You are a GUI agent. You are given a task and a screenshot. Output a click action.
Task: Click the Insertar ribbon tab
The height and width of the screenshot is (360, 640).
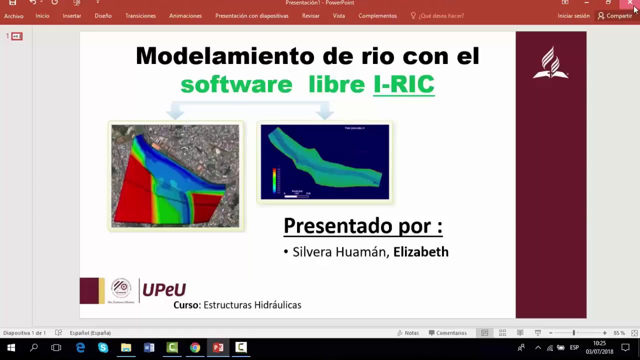click(72, 16)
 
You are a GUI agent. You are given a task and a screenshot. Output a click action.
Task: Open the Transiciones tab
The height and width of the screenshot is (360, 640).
click(140, 16)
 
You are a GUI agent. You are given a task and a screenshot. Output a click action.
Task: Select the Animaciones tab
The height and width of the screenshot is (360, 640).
click(185, 16)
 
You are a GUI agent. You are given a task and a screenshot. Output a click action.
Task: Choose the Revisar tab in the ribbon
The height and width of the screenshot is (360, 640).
click(310, 16)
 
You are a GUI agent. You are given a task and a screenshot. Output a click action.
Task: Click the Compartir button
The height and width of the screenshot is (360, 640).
click(615, 16)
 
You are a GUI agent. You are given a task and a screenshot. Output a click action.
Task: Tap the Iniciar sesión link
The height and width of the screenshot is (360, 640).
click(573, 16)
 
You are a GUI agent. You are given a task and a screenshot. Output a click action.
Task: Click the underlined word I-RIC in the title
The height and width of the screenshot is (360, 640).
click(403, 84)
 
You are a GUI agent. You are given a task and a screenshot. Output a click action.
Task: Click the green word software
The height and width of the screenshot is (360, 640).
click(236, 84)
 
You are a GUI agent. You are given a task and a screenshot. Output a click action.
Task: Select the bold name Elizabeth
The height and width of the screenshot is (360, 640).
click(420, 252)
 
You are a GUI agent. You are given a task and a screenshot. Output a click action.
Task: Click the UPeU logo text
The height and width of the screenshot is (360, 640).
click(164, 289)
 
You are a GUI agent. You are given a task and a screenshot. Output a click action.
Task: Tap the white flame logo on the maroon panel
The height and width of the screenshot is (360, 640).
click(550, 62)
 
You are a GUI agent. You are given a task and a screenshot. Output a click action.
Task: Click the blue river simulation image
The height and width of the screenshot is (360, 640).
click(324, 162)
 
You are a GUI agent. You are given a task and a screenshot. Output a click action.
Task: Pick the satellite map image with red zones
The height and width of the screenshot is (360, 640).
click(175, 176)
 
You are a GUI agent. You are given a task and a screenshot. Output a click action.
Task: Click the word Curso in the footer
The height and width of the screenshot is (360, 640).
click(186, 305)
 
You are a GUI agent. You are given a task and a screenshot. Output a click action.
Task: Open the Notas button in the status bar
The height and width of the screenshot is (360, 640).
click(408, 333)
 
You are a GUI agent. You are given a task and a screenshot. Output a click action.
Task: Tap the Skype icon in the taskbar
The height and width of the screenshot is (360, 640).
click(103, 347)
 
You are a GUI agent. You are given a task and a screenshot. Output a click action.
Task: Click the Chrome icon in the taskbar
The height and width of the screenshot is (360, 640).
click(195, 347)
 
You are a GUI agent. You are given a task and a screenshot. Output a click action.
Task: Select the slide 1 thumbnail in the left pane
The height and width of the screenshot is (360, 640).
click(17, 36)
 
